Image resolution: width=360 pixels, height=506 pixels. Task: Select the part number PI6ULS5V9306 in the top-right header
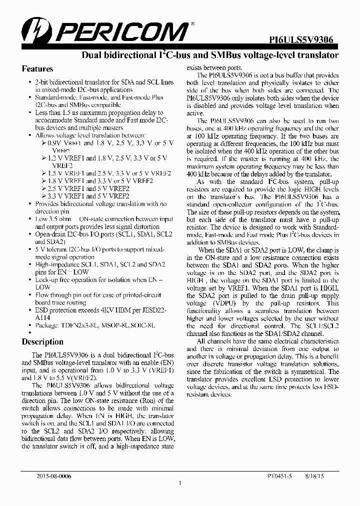click(304, 41)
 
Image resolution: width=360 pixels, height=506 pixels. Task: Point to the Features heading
click(37, 69)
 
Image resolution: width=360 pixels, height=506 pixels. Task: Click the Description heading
click(42, 342)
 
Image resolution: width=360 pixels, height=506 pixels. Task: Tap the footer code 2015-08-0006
click(54, 476)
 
